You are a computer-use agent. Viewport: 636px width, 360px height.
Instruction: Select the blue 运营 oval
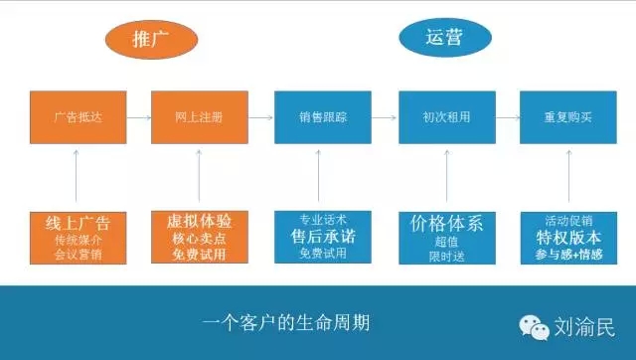point(445,38)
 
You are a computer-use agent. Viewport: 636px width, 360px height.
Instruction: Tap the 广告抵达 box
point(77,115)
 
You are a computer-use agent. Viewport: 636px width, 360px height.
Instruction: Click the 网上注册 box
point(200,115)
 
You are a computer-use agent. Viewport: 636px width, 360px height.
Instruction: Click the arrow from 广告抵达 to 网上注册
point(138,115)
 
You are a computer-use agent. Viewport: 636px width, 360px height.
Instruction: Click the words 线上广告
point(77,222)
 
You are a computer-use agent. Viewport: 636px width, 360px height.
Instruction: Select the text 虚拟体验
point(200,221)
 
